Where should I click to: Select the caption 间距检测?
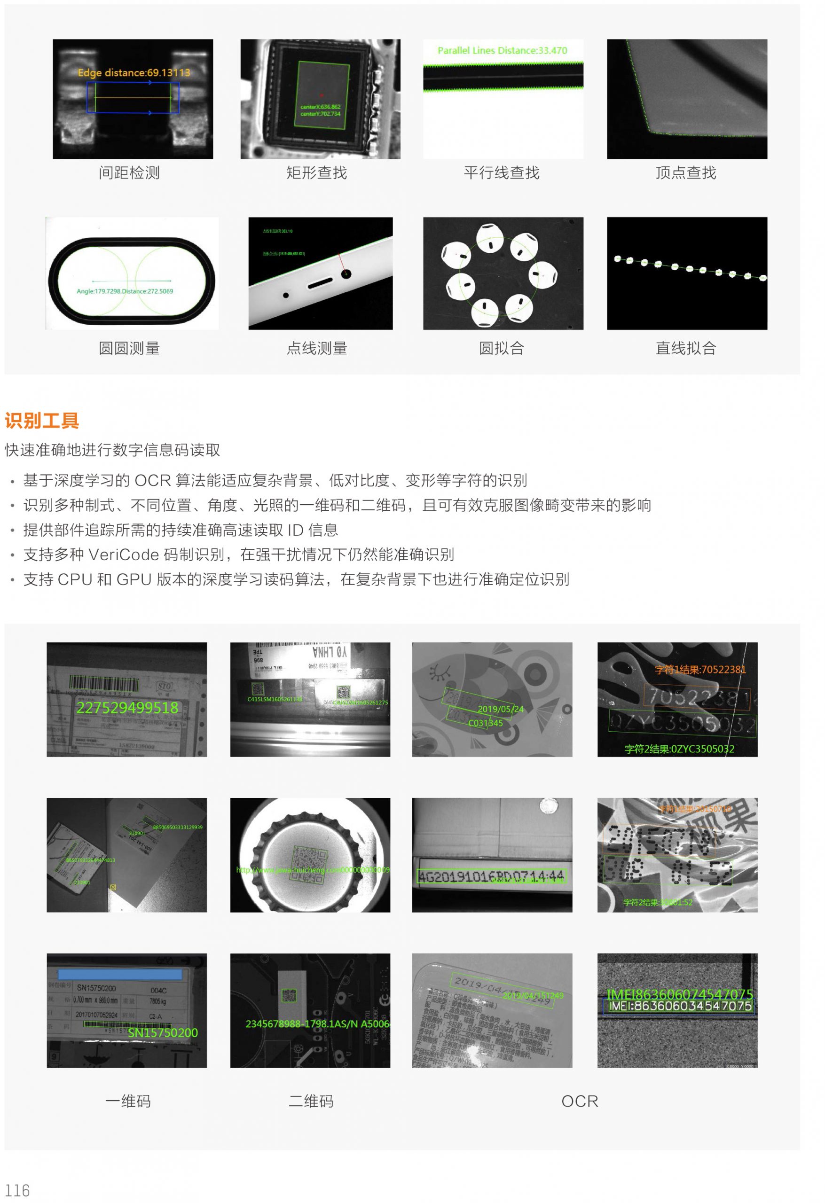[x=129, y=173]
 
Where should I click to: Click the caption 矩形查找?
[x=316, y=173]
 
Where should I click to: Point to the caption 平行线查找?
[x=501, y=173]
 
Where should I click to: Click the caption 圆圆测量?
[x=129, y=348]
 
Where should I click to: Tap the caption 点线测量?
[x=316, y=348]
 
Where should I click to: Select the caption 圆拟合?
[x=501, y=348]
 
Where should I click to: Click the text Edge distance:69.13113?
[x=134, y=73]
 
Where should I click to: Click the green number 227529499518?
[x=127, y=708]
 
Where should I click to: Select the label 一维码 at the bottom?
[x=128, y=1101]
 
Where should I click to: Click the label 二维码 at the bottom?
[x=310, y=1101]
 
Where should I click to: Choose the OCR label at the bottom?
[x=579, y=1101]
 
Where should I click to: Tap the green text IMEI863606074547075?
[x=679, y=994]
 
